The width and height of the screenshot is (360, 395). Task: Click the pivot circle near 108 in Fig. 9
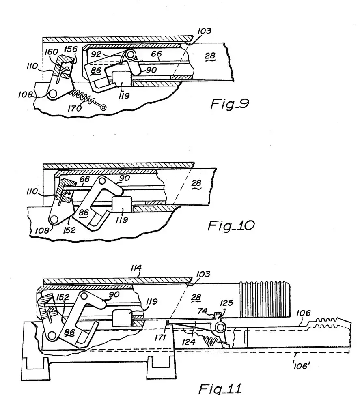52,94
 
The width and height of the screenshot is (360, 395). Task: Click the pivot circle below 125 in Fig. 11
220,327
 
